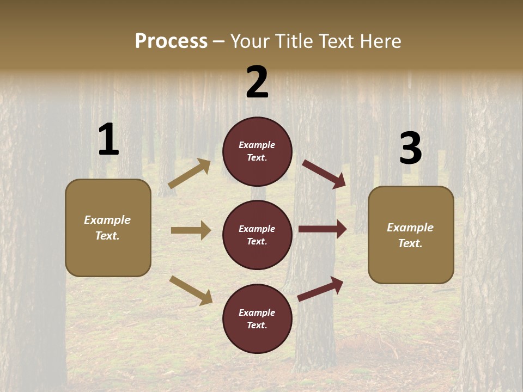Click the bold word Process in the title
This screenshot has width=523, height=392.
171,41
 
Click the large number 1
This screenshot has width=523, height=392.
108,140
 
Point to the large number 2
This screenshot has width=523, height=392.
257,82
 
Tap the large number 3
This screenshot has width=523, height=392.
410,148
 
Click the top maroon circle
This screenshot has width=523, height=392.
257,151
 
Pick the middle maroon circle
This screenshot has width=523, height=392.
257,235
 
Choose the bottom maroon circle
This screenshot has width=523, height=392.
257,319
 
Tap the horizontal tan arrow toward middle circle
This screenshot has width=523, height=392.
191,230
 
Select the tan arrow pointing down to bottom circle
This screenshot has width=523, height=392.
191,290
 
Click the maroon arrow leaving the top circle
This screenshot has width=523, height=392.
324,174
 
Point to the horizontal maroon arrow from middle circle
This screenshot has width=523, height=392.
323,229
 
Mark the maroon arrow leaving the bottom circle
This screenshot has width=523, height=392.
320,289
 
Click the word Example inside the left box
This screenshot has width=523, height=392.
107,220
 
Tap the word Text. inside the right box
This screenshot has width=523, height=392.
410,243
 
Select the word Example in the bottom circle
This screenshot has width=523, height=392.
257,313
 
